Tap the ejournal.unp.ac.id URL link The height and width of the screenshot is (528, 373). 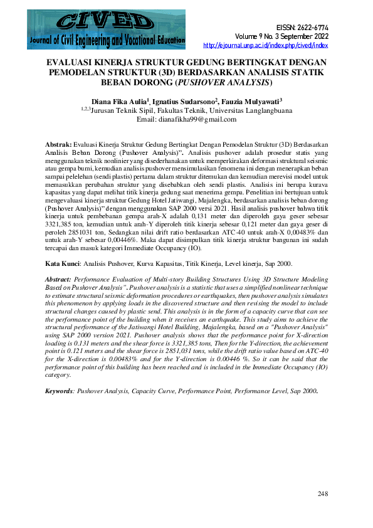(x=266, y=45)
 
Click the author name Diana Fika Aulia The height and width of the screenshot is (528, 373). (x=119, y=100)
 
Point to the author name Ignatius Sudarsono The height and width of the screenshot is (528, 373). (x=186, y=100)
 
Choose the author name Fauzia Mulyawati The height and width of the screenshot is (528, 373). (x=251, y=100)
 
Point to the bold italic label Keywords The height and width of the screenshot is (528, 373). (x=60, y=390)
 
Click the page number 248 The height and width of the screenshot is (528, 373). (x=322, y=494)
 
